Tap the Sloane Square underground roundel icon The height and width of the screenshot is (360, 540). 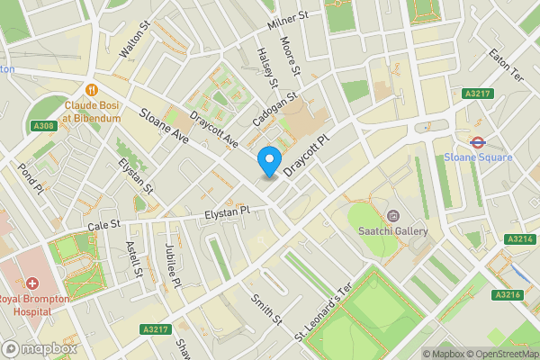pyautogui.click(x=478, y=141)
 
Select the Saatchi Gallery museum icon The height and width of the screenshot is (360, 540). pyautogui.click(x=392, y=216)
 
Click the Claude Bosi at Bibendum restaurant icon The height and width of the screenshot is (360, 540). pyautogui.click(x=91, y=89)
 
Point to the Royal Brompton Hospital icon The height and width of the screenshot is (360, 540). pyautogui.click(x=31, y=283)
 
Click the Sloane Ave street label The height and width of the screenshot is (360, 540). pyautogui.click(x=164, y=127)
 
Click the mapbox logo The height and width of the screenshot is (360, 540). pyautogui.click(x=39, y=348)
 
